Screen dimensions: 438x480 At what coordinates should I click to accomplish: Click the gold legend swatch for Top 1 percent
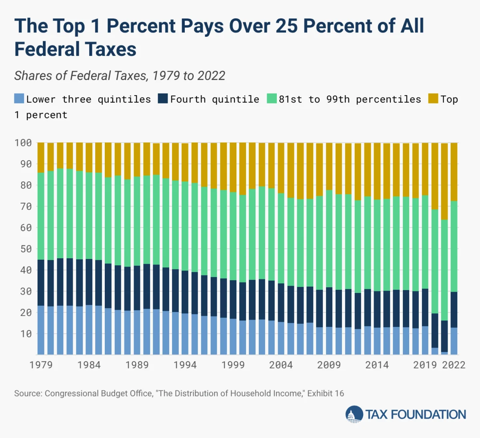click(x=433, y=99)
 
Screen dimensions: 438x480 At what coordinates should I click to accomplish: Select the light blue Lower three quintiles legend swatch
click(x=19, y=99)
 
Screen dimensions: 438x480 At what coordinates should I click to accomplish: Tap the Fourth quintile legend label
click(x=214, y=99)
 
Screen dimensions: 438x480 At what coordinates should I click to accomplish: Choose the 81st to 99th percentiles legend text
click(x=350, y=99)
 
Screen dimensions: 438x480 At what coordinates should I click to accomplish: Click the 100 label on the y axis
click(x=23, y=143)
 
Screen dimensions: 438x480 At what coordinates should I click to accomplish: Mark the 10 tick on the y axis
click(x=26, y=334)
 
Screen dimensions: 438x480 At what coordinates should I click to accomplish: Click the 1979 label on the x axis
click(x=41, y=365)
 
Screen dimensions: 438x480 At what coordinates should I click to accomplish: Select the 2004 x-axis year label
click(x=281, y=365)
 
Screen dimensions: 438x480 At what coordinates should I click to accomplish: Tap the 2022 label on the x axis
click(x=454, y=365)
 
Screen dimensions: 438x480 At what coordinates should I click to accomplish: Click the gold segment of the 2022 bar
click(x=454, y=172)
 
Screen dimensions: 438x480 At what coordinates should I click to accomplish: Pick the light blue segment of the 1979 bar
click(x=41, y=330)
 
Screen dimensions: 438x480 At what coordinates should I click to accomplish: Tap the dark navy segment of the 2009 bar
click(x=329, y=307)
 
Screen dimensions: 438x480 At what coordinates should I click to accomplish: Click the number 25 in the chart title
click(x=287, y=26)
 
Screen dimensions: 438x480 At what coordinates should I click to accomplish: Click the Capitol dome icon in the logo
click(x=354, y=414)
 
